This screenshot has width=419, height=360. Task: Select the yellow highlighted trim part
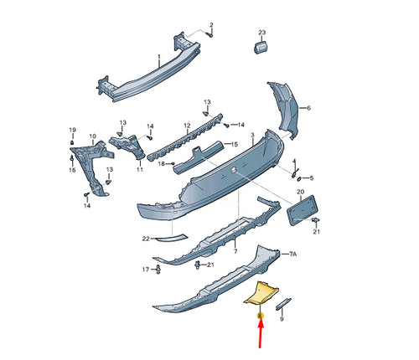(x=261, y=294)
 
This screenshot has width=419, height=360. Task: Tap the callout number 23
(x=261, y=33)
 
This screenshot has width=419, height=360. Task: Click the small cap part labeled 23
(x=261, y=47)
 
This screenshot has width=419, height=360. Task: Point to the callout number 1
(x=159, y=57)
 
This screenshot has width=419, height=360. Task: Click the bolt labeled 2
(x=210, y=35)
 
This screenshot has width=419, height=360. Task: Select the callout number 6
(x=308, y=108)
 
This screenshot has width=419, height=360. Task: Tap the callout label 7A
(x=292, y=254)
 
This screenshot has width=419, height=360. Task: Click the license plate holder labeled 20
(x=302, y=211)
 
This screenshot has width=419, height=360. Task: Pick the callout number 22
(x=146, y=239)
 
